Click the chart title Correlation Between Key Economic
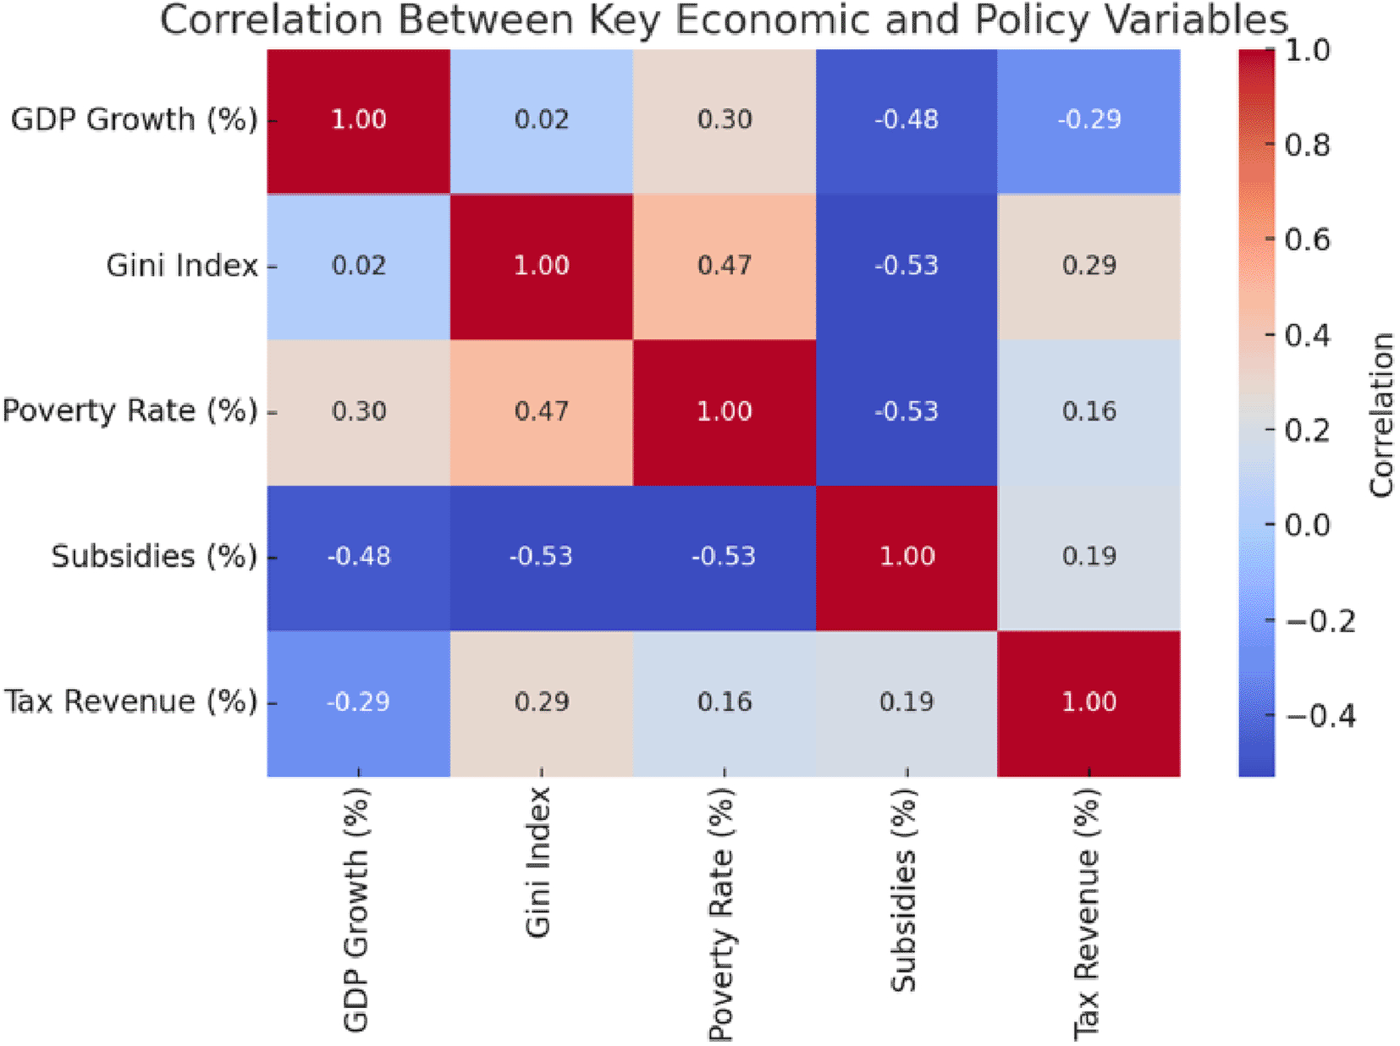(724, 20)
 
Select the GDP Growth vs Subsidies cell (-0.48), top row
(907, 120)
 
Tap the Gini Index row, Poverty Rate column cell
(725, 266)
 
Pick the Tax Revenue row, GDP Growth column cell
(359, 702)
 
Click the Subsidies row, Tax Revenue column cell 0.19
(1089, 557)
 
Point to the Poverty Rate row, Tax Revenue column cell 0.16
(1089, 411)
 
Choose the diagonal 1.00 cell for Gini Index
(542, 266)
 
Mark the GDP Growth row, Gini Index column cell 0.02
(542, 120)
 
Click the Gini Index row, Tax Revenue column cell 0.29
(1089, 266)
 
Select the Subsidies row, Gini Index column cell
(542, 557)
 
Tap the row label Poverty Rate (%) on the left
(130, 411)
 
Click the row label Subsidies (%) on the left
(154, 557)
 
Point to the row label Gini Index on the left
(182, 266)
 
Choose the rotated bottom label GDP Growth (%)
(356, 909)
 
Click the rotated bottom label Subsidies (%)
(905, 889)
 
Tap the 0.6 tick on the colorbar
(1307, 240)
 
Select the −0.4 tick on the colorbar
(1320, 717)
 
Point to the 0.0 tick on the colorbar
(1307, 526)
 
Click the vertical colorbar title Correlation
(1381, 415)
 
